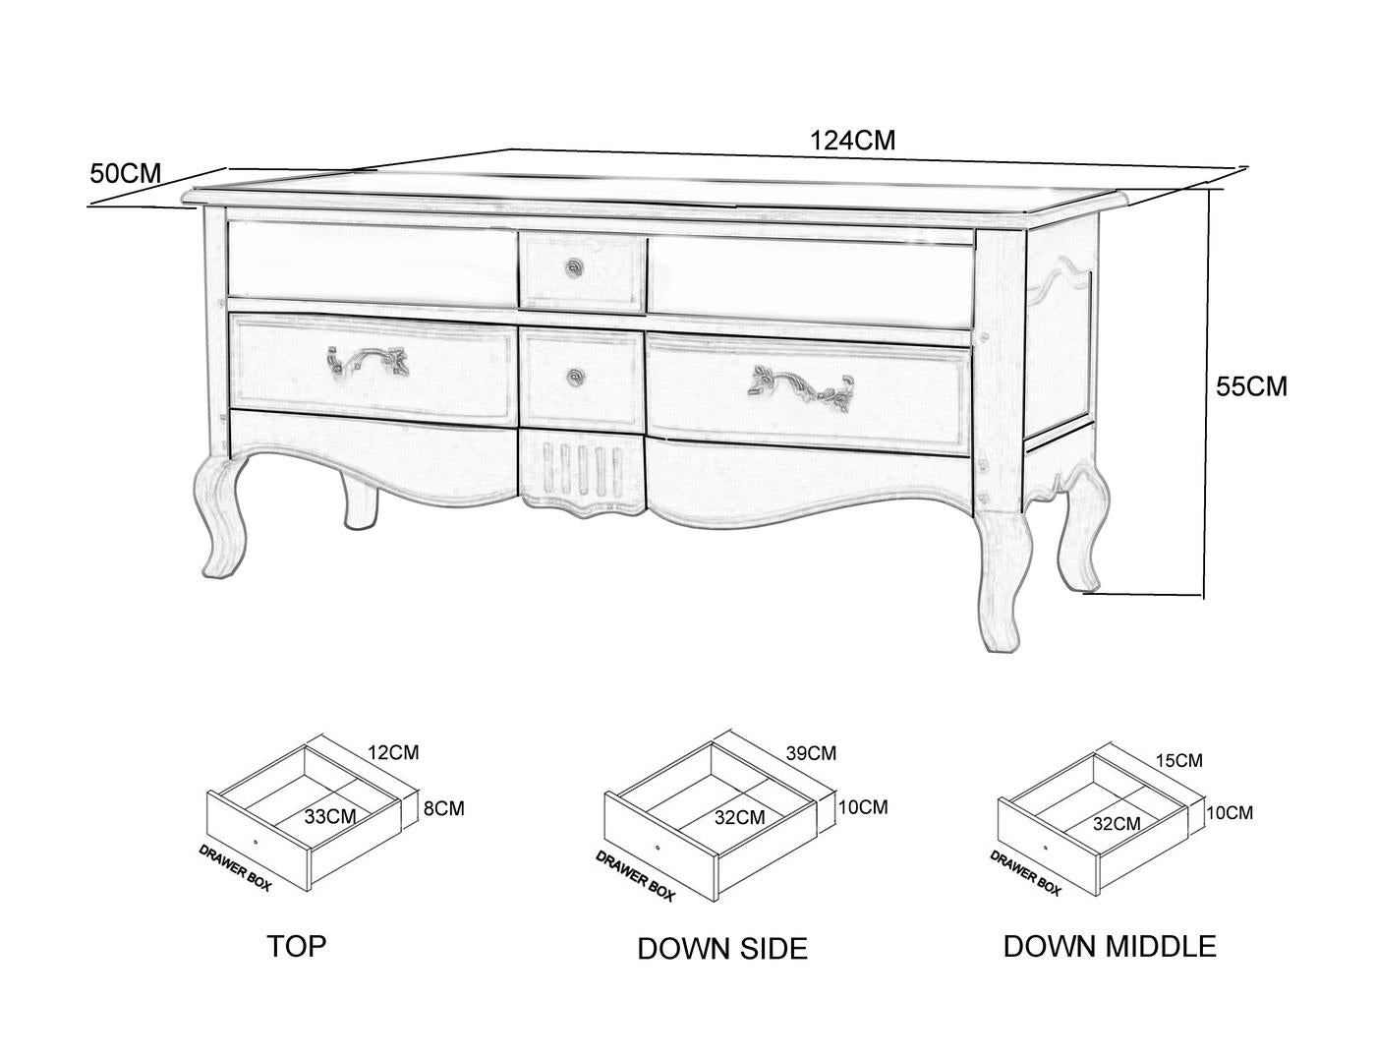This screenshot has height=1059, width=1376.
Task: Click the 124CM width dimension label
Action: point(852,140)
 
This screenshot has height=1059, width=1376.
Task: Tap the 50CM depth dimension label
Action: point(126,173)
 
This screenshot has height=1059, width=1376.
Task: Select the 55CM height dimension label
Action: point(1251,386)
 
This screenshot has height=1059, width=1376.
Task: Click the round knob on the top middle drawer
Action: point(574,267)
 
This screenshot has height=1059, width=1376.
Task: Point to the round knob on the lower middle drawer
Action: point(575,378)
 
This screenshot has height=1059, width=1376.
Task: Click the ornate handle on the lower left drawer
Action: point(368,360)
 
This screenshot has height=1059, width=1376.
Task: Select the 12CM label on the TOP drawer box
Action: point(394,752)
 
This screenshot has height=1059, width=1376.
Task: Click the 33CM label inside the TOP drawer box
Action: point(330,816)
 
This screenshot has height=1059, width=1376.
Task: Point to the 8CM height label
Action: point(444,808)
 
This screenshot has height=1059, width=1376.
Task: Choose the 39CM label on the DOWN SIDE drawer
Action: point(811,753)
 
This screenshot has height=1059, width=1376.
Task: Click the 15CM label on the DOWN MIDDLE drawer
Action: point(1179,760)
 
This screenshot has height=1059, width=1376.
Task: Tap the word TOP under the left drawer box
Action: point(297,946)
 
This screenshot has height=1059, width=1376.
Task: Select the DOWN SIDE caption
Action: point(722,948)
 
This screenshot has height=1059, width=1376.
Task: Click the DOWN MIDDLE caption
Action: point(1110,946)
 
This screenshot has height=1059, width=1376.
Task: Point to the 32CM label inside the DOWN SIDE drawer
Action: point(740,817)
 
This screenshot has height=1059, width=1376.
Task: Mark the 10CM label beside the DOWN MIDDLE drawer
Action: point(1230,812)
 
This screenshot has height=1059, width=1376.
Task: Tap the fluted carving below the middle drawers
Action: point(583,473)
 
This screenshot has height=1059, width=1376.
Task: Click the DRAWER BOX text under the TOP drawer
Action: point(235,867)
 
